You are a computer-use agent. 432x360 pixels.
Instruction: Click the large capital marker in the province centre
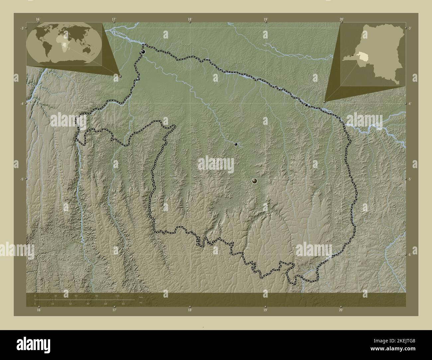click(x=255, y=181)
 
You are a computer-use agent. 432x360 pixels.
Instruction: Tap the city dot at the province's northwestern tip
click(x=143, y=52)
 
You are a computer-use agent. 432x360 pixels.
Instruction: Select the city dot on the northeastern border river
click(x=306, y=105)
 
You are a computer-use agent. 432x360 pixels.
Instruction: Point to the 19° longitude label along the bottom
click(x=265, y=310)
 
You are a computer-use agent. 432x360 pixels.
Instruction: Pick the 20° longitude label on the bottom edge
click(x=341, y=310)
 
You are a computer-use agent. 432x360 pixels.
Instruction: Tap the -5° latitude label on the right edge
click(x=409, y=179)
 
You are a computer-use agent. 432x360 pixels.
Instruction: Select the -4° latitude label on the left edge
click(x=21, y=104)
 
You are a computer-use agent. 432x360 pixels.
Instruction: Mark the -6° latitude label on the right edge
click(x=409, y=255)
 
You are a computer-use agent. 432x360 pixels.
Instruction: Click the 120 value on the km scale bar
click(x=117, y=296)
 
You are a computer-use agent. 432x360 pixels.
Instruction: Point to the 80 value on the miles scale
click(x=123, y=304)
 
